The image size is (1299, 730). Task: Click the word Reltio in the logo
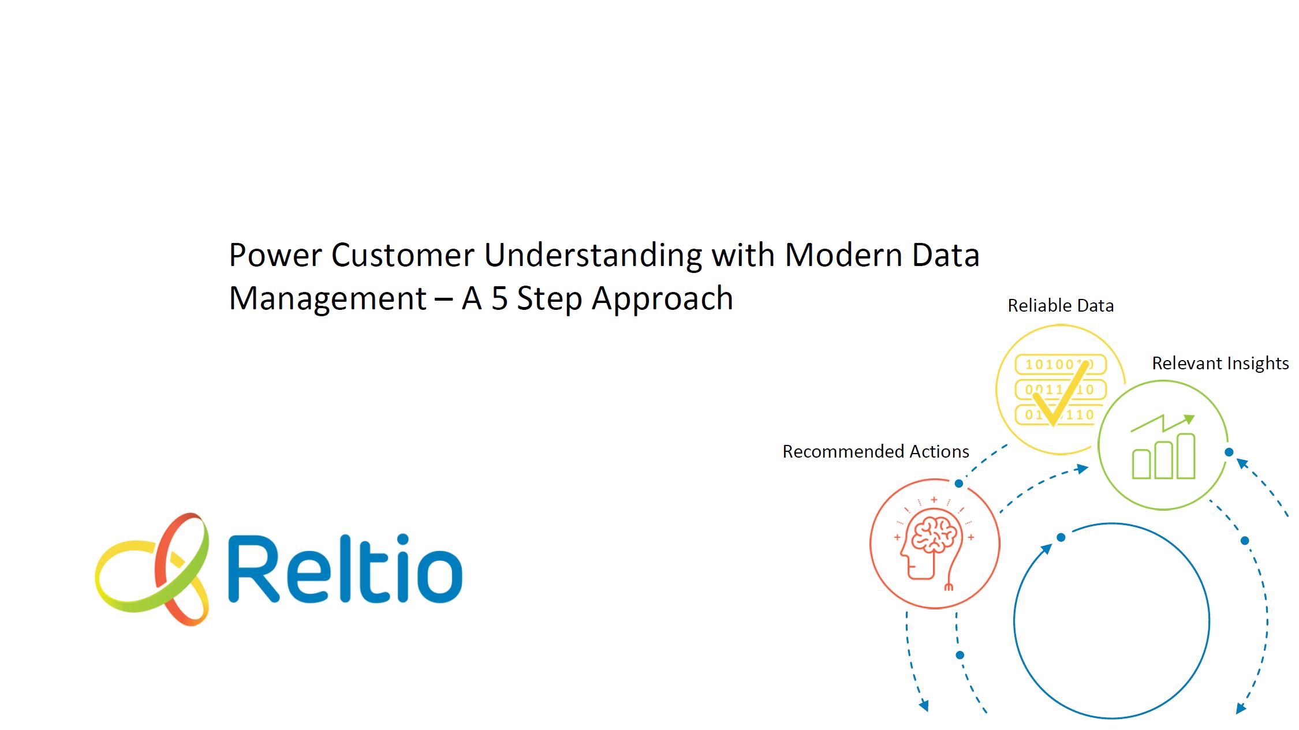[345, 568]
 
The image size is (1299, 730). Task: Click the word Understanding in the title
[593, 256]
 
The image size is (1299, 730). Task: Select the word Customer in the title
[402, 255]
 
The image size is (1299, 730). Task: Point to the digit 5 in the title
[499, 299]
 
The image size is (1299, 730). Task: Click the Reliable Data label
[1061, 305]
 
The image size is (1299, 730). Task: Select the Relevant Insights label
[1220, 364]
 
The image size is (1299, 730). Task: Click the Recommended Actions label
[876, 451]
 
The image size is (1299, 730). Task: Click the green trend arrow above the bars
[1162, 423]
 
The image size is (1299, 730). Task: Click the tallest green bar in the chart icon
[1186, 456]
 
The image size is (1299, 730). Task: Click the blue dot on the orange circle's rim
[959, 484]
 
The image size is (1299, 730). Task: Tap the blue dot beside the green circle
[1229, 452]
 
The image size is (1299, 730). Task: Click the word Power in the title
[275, 255]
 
